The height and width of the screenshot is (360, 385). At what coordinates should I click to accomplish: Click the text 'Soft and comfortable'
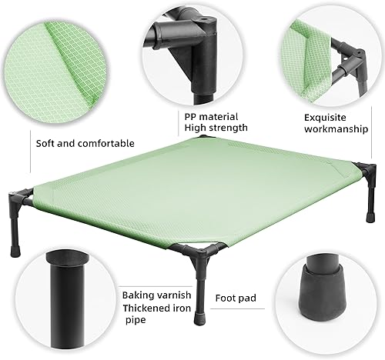(x=85, y=142)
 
